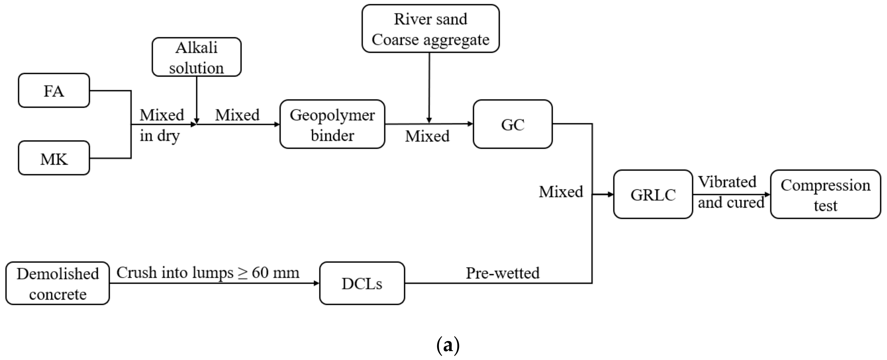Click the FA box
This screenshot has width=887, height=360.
[54, 91]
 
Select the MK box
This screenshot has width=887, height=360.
[54, 158]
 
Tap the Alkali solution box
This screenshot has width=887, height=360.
[197, 57]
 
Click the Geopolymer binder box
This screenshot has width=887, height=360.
[332, 124]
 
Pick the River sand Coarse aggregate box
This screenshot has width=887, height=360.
[430, 29]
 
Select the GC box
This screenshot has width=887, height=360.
[513, 124]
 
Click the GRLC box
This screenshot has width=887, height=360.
[653, 194]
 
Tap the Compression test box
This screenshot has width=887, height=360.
[825, 194]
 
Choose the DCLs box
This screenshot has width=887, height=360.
[362, 283]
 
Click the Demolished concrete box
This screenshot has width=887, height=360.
[58, 283]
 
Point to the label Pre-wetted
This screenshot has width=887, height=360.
[502, 273]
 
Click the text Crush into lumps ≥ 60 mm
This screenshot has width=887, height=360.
[208, 273]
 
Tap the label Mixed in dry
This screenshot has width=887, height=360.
[161, 125]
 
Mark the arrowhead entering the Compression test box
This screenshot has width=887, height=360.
[767, 194]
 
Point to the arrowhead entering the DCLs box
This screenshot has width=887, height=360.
[316, 283]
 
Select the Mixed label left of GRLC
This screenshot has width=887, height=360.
[561, 192]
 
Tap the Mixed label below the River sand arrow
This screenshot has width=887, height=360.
[427, 136]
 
